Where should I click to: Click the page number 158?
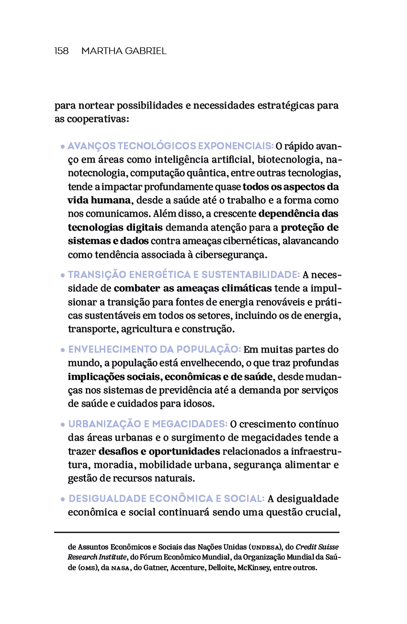click(x=61, y=51)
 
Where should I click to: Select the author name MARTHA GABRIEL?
click(x=124, y=51)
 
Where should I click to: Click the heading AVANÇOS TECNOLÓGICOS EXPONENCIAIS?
click(x=170, y=146)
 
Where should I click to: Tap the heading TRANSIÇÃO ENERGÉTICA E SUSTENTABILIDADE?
click(x=184, y=275)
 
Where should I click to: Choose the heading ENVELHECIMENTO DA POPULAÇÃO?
click(x=154, y=349)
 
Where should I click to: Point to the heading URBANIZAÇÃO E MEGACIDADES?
click(x=147, y=424)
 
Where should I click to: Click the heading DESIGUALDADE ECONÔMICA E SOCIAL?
click(x=167, y=499)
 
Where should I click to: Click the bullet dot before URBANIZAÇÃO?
click(x=63, y=425)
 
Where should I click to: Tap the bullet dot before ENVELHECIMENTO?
click(x=63, y=350)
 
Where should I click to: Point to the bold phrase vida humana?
click(x=99, y=200)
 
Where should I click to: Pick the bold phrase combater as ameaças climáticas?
click(x=192, y=288)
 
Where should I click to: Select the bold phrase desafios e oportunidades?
click(x=159, y=451)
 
